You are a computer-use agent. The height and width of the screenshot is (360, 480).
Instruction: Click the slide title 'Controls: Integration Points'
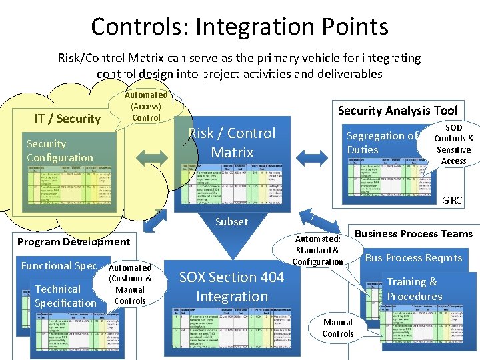click(x=239, y=27)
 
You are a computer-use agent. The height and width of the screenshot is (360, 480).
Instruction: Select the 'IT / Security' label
click(x=67, y=119)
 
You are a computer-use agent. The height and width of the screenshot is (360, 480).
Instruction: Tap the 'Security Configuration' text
click(x=60, y=151)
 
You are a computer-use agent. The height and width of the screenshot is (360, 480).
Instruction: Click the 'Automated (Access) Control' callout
click(x=146, y=107)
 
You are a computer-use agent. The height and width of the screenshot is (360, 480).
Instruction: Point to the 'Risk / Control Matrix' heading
click(x=232, y=143)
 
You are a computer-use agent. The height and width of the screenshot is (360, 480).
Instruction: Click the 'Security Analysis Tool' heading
click(x=397, y=111)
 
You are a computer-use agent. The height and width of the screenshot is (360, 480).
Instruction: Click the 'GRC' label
click(x=452, y=200)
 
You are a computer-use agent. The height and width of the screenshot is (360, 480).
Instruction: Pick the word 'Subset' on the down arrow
click(x=231, y=221)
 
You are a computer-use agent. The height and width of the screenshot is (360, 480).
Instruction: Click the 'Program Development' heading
click(x=73, y=241)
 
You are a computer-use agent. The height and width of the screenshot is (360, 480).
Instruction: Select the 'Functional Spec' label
click(x=59, y=265)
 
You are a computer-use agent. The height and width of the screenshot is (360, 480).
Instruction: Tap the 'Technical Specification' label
click(x=65, y=296)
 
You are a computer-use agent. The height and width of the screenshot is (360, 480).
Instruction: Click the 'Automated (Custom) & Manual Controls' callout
click(x=130, y=284)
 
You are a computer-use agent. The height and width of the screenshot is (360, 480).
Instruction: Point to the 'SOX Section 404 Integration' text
click(x=232, y=287)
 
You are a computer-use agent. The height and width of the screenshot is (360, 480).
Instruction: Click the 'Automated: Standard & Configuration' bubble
click(x=317, y=250)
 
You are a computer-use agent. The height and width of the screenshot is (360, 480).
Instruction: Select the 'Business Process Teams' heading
click(x=413, y=233)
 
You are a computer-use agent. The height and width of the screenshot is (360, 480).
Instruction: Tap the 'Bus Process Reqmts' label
click(x=413, y=258)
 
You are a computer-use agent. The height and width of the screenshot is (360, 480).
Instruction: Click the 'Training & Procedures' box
click(x=414, y=289)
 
